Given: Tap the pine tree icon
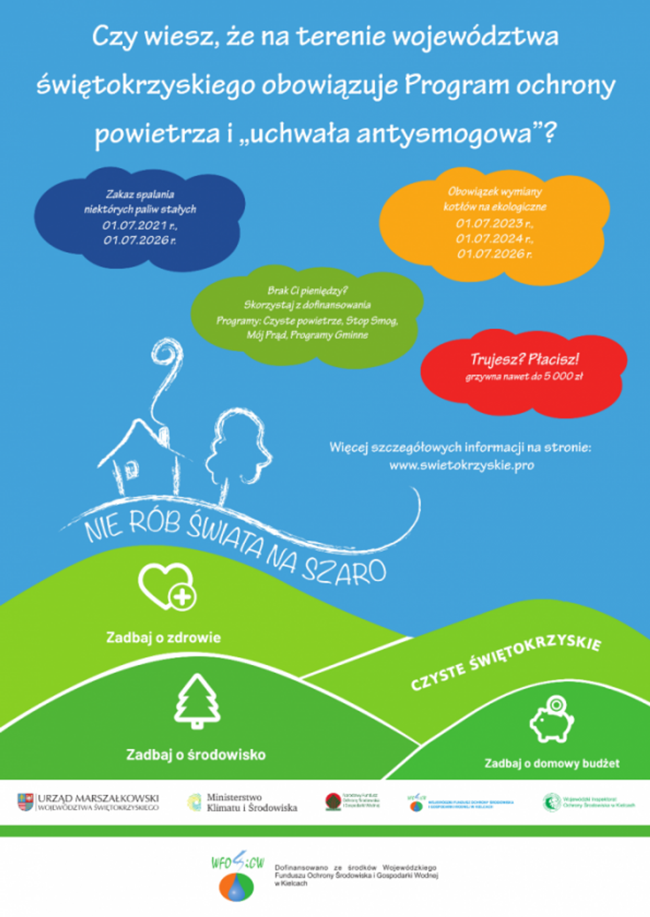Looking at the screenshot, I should point(197,701).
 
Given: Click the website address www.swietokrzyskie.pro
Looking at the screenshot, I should point(461,465).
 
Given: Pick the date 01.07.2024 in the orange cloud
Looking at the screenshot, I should point(495,239).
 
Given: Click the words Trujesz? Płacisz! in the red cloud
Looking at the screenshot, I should point(524,359).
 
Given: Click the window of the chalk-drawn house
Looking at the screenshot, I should point(131,469).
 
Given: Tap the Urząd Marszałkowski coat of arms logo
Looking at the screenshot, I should point(25,802).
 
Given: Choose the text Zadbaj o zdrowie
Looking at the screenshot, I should point(164,638).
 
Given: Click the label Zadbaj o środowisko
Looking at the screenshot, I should point(196,754).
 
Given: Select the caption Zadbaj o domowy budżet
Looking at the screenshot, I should point(551,763).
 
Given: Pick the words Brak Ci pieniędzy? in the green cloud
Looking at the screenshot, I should point(308,290).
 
